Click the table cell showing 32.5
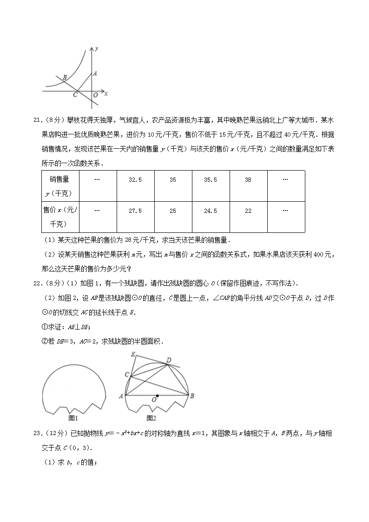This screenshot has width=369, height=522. click(x=135, y=180)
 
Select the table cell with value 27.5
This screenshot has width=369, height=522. click(x=135, y=211)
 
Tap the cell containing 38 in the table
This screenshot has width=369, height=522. click(x=248, y=180)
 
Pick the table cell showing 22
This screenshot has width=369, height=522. click(x=248, y=211)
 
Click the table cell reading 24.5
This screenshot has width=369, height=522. click(x=210, y=211)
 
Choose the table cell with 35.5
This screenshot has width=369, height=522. click(x=210, y=180)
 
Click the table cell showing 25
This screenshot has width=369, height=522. click(x=172, y=211)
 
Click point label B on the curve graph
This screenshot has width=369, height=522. click(x=64, y=77)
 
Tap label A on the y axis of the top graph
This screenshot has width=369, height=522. click(x=95, y=73)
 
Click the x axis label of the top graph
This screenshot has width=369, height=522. click(x=106, y=93)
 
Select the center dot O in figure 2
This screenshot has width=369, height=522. click(x=158, y=396)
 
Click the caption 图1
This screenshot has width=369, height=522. click(x=73, y=417)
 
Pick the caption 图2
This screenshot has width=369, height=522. click(x=151, y=417)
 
